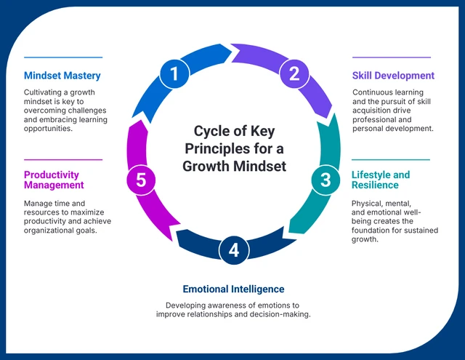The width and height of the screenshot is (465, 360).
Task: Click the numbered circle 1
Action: pos(174,73)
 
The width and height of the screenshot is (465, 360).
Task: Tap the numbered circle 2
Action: pos(294,73)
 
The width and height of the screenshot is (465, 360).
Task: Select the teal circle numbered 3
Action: pos(325,180)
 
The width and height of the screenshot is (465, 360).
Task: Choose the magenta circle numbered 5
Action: pos(141,180)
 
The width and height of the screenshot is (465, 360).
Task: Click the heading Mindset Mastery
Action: pos(62,76)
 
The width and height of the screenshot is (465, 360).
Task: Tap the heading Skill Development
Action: pos(393,76)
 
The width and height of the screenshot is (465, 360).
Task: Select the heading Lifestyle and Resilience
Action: pos(381,180)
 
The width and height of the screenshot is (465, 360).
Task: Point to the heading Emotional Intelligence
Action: pos(233,289)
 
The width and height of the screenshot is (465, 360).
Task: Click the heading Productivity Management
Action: pos(54,180)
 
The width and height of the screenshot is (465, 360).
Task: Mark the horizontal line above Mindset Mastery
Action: pos(63,57)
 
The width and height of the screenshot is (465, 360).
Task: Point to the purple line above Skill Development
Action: pos(391,57)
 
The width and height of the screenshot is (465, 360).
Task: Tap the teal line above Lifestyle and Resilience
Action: pos(391,159)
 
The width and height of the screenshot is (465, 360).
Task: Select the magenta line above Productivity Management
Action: pos(63,159)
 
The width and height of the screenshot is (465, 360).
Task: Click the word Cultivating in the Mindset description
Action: pos(44,92)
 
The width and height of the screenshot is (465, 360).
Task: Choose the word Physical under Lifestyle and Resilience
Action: pos(368,204)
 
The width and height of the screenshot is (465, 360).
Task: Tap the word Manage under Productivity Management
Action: pos(39,204)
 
